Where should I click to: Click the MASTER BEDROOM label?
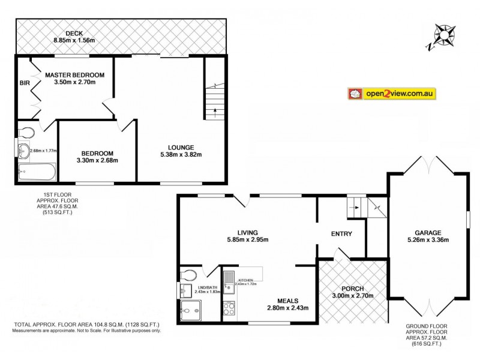(x=75, y=74)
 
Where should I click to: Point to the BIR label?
(x=25, y=83)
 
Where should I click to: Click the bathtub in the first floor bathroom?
(x=36, y=172)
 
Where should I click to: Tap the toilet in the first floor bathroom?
(x=26, y=131)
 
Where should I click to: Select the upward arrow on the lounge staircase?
(x=211, y=110)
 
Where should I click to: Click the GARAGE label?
(x=428, y=233)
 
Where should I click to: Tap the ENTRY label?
(x=341, y=234)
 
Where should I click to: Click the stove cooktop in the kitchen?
(x=229, y=309)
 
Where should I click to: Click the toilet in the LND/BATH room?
(x=188, y=275)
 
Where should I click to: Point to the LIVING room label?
(x=247, y=232)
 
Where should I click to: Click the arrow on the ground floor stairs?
(x=356, y=208)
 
